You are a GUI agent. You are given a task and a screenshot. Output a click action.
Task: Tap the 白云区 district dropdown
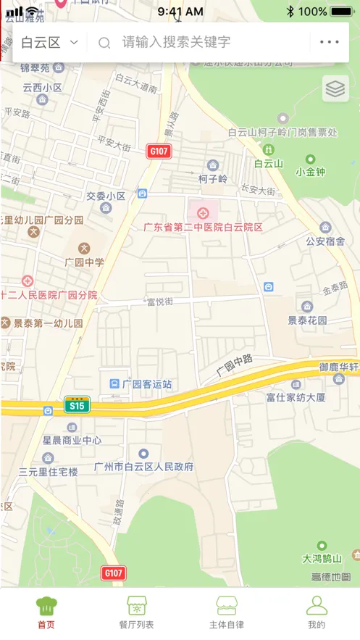point(49,42)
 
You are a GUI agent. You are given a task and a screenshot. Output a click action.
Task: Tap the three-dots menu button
point(329,42)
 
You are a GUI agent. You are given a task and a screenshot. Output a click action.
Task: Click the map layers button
point(335,88)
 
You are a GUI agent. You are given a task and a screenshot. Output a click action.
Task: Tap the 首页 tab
point(46,612)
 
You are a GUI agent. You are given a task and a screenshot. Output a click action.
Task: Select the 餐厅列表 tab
point(136,612)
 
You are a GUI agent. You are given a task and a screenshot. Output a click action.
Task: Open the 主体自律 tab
point(226,612)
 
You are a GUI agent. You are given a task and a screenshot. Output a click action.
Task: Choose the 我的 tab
point(316,612)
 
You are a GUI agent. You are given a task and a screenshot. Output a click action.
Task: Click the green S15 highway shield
point(76,406)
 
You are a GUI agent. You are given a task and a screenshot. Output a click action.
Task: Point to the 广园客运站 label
point(147,383)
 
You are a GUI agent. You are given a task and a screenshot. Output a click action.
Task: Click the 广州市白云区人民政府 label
point(144,467)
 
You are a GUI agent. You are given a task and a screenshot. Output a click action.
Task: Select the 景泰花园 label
point(307,320)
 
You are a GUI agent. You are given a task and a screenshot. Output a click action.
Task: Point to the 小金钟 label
point(310,172)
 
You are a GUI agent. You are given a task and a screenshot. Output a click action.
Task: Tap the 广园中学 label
point(84,262)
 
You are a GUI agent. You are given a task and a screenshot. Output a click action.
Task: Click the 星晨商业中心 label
point(72,440)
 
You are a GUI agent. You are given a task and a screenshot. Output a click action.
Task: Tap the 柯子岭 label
point(212,178)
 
